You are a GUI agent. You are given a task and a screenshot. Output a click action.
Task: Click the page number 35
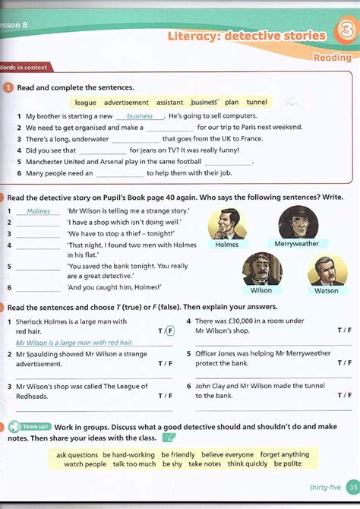pos(352,487)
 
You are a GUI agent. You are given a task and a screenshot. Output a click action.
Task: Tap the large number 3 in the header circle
pos(343,34)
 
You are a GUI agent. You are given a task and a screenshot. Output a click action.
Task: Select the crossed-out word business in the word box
pos(204,102)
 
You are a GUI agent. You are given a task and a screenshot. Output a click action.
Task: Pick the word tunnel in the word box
pos(257,102)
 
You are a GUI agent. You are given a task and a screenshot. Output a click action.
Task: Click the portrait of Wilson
pos(261,269)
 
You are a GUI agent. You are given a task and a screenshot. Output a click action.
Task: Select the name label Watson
pos(327,290)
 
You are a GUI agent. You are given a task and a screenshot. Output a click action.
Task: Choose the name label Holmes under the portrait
pos(226,245)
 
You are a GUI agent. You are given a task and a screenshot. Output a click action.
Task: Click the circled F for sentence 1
pos(170,330)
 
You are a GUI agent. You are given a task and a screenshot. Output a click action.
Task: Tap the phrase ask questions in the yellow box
pos(77,454)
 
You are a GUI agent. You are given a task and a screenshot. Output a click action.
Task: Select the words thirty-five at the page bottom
pos(324,488)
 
